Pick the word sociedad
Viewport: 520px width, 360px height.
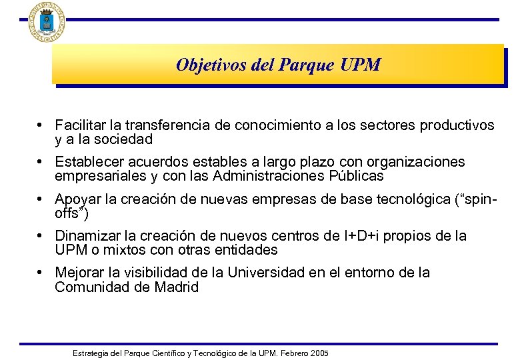123,139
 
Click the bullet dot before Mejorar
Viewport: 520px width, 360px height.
41,273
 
